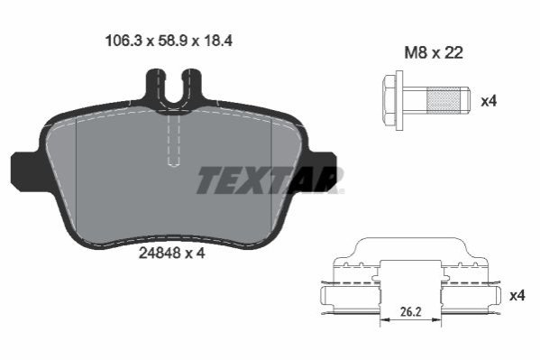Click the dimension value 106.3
(x=123, y=41)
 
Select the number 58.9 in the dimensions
(x=173, y=41)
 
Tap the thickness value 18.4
(x=218, y=41)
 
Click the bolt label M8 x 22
(x=434, y=53)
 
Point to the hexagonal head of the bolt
(x=389, y=101)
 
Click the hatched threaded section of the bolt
(x=443, y=100)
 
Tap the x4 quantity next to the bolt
(x=489, y=101)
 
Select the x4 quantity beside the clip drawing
(x=517, y=296)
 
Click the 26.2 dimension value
(x=410, y=311)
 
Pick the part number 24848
(x=160, y=254)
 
